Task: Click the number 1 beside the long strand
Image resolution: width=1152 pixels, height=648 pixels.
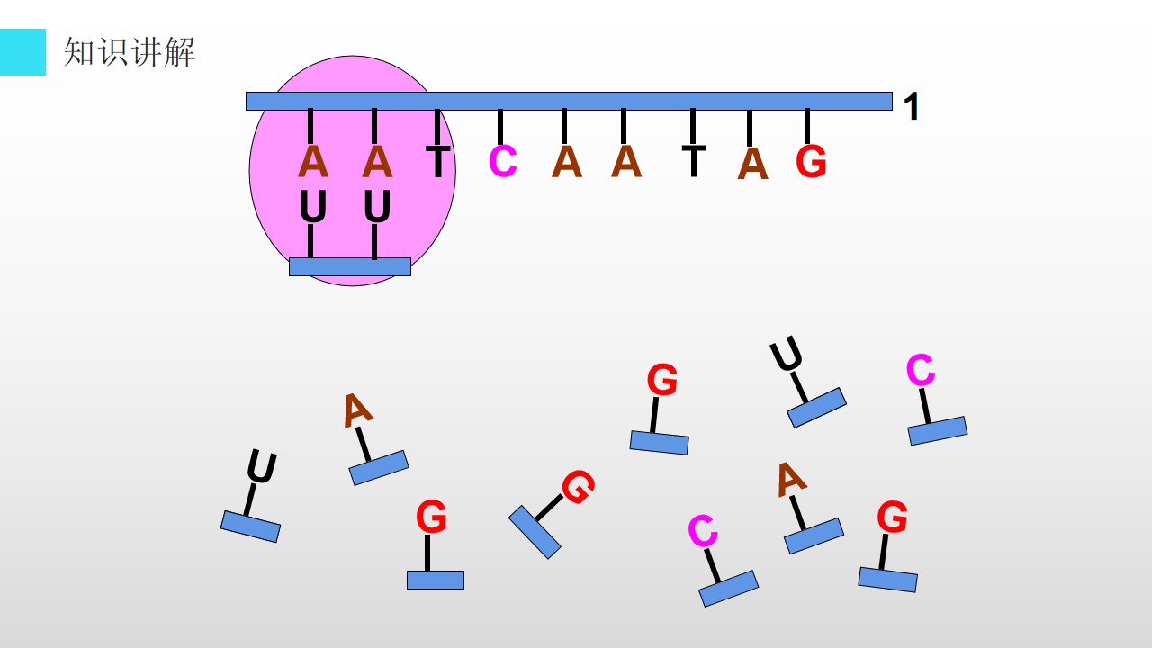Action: coord(912,106)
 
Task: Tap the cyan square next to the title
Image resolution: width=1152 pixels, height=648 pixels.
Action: coord(22,52)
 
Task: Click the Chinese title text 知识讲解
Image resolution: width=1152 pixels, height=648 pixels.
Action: coord(129,52)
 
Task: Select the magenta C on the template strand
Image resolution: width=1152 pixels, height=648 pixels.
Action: coord(502,161)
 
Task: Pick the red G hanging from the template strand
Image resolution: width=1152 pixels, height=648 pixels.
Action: coord(811,161)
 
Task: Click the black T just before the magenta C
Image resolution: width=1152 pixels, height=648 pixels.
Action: coord(438,161)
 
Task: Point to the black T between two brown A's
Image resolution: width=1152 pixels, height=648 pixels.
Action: coord(694,161)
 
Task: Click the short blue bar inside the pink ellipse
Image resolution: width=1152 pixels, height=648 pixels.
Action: coord(350,267)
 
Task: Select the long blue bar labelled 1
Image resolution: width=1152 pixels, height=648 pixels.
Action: coord(569,102)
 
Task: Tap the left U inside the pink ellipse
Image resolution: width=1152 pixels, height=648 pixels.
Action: coord(312,206)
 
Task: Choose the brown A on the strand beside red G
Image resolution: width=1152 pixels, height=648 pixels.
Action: coord(752,164)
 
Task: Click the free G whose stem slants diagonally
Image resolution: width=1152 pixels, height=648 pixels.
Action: coord(578,487)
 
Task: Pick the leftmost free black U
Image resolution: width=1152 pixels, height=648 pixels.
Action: coord(262,466)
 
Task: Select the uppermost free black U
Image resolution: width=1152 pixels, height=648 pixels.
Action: coord(787,353)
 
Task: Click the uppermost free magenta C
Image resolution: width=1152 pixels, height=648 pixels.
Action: coord(921,369)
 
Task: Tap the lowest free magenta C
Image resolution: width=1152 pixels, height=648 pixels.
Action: coord(703,530)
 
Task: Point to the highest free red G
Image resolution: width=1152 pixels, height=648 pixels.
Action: coord(661,380)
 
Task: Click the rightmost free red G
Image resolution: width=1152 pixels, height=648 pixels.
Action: coord(892,517)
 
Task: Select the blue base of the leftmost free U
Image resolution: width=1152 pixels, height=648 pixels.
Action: coord(250,526)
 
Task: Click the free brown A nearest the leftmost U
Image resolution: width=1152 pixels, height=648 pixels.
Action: coord(357,410)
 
